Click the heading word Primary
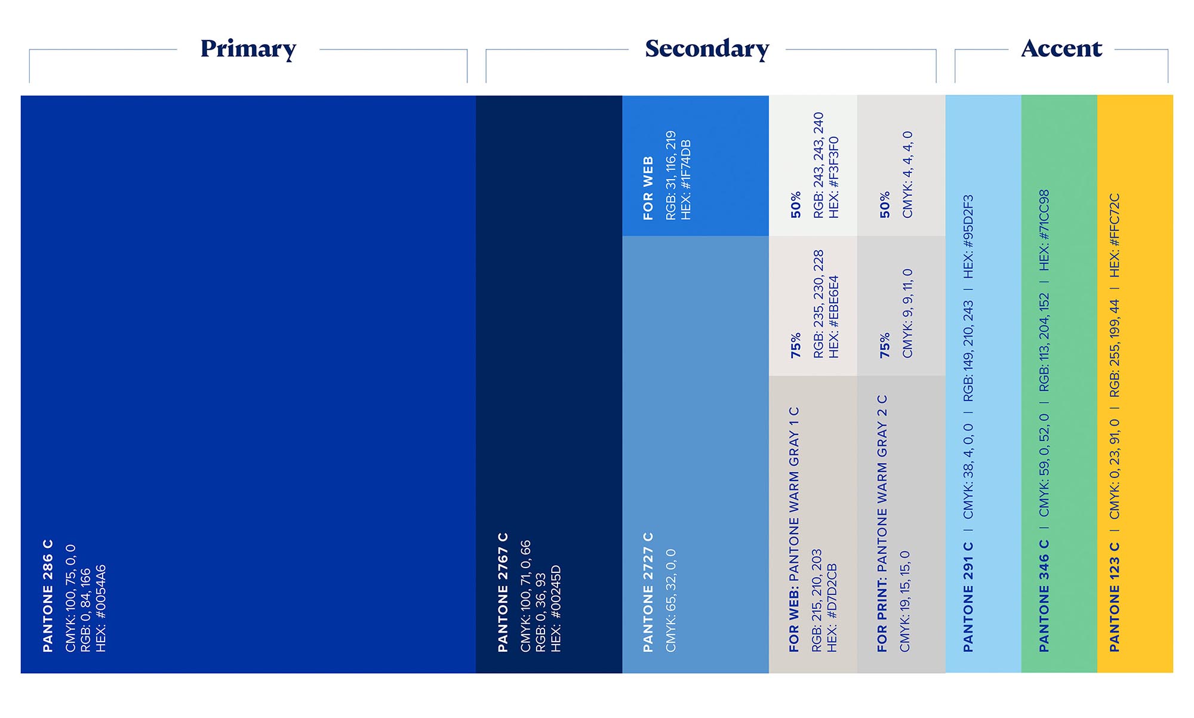click(x=248, y=49)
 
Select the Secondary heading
click(x=707, y=49)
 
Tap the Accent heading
click(x=1061, y=48)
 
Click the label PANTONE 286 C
click(x=48, y=596)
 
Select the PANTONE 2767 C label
click(x=503, y=592)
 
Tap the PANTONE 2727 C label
click(x=648, y=592)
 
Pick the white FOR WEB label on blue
click(x=648, y=188)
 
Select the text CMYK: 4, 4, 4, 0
click(x=907, y=175)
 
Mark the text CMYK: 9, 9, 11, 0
click(x=907, y=313)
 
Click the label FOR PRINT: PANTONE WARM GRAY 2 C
click(x=882, y=523)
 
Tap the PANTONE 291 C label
click(x=968, y=597)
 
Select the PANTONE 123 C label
click(x=1114, y=597)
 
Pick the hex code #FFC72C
click(x=1114, y=235)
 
